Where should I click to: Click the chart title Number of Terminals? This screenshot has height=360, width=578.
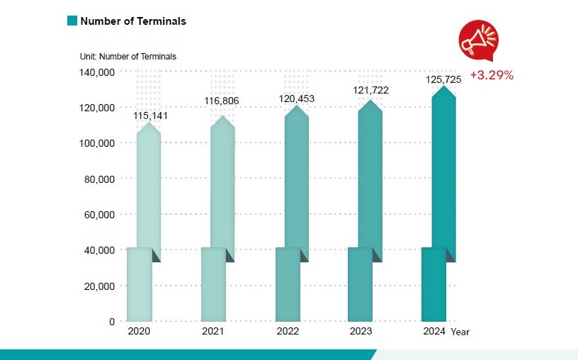tap(133, 21)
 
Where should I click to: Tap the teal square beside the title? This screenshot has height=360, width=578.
tap(72, 21)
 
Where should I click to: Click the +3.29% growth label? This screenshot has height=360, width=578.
tap(492, 74)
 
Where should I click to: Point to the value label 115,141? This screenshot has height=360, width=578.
tap(150, 115)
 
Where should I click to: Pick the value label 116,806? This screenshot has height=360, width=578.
tap(222, 101)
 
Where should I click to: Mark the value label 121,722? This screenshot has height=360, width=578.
tap(370, 90)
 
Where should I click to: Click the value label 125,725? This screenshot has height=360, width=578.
tap(443, 79)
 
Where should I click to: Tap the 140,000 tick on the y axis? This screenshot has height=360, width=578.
tap(96, 72)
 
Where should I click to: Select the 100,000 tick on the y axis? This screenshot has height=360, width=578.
tap(96, 143)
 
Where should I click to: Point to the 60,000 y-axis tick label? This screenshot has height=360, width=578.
tap(98, 215)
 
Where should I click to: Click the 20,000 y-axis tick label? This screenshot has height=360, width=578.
tap(98, 286)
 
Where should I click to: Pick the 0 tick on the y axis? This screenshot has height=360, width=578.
tap(111, 322)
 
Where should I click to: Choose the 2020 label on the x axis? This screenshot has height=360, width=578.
tap(139, 332)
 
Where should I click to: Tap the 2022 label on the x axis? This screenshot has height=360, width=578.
tap(288, 332)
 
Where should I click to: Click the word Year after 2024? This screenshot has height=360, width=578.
tap(460, 332)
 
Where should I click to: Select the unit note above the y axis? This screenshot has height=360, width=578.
tap(127, 56)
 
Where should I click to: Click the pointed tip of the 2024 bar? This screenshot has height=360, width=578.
tap(444, 87)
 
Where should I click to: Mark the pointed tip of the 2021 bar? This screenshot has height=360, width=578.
tap(222, 117)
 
